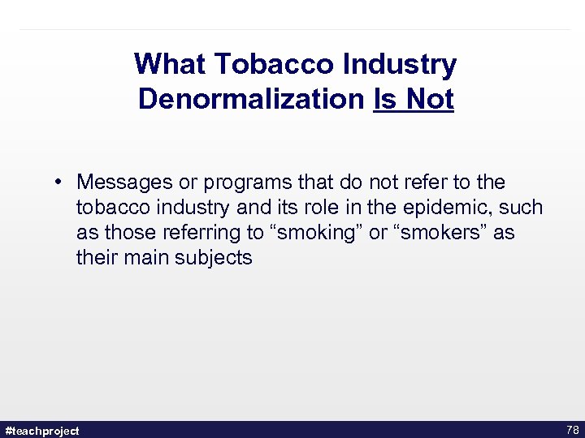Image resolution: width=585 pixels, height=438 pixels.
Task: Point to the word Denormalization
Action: coord(251,100)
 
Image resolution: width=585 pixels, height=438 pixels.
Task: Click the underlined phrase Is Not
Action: coord(413,100)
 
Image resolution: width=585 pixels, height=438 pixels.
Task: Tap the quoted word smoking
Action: coord(315,234)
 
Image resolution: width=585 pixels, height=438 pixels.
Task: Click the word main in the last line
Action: coord(145,259)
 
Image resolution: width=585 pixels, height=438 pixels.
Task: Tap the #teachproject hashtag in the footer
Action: coord(42,431)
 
